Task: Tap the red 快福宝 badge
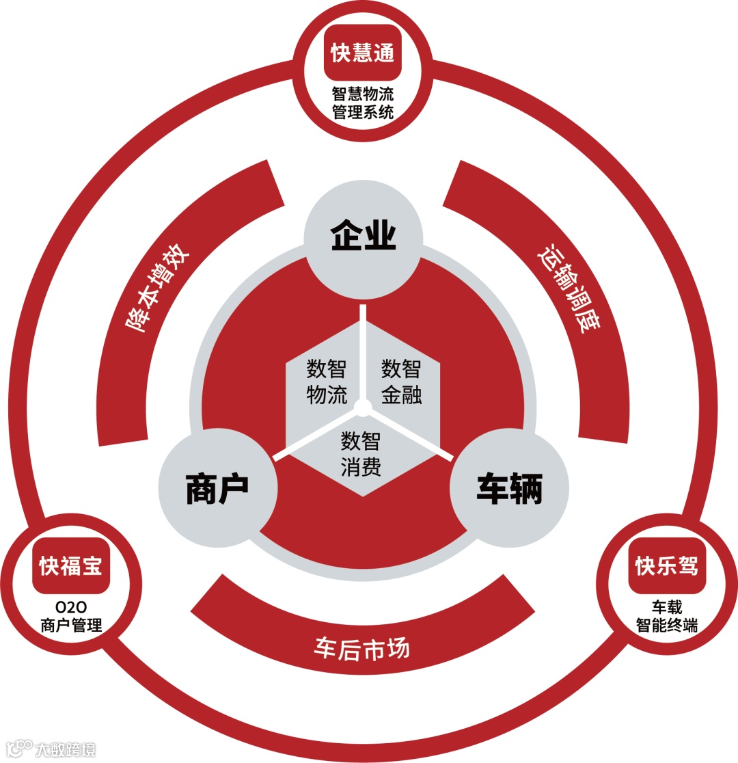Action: click(71, 566)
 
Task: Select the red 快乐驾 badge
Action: click(666, 566)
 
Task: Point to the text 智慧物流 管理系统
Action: click(363, 103)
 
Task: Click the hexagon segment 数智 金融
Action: click(401, 381)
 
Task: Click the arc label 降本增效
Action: click(158, 291)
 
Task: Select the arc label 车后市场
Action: click(362, 646)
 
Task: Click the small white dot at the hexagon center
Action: click(364, 408)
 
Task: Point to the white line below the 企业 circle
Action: click(364, 349)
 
